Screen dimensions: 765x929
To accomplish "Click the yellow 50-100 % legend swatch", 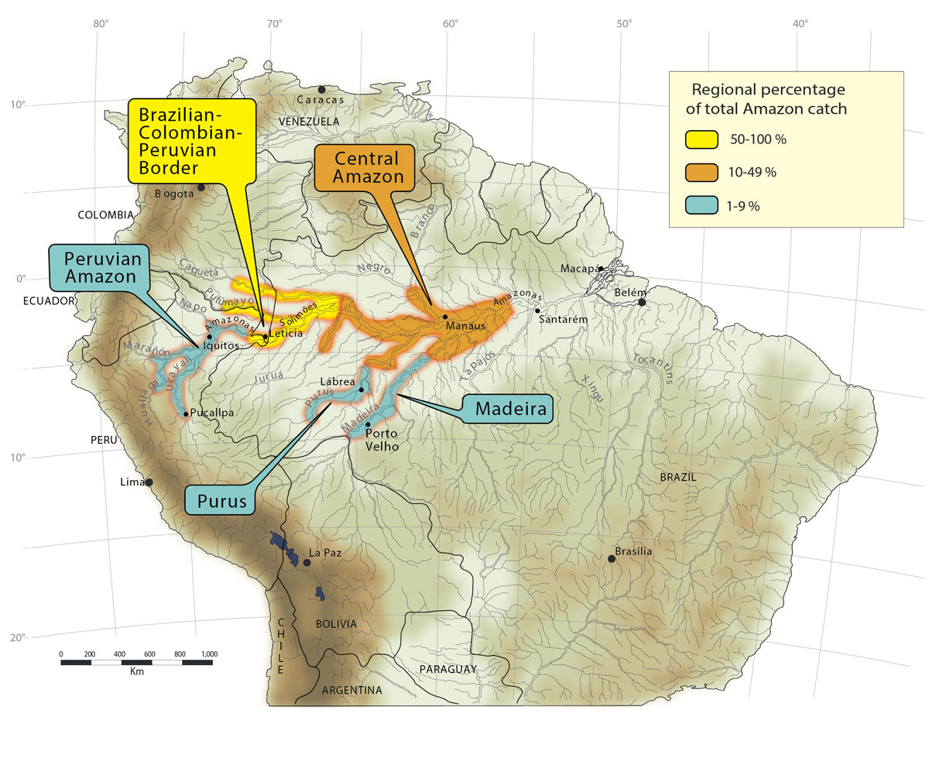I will [701, 139].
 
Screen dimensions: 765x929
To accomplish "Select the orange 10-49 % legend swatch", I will [701, 172].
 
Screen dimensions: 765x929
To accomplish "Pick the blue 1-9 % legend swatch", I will [701, 205].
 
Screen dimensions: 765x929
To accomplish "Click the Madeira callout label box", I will [507, 409].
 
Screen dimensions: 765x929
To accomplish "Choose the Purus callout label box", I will [221, 501].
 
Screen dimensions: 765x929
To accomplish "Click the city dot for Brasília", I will [612, 559].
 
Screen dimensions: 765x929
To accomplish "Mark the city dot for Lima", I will [149, 482].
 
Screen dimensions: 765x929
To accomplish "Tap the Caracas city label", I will [322, 100].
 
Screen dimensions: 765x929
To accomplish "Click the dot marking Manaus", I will [445, 317].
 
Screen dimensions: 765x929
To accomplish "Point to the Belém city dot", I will [641, 302].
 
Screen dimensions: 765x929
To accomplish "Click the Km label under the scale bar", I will [137, 671].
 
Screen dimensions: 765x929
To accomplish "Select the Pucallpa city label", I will [211, 413].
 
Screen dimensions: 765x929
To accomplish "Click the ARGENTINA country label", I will [352, 690].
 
